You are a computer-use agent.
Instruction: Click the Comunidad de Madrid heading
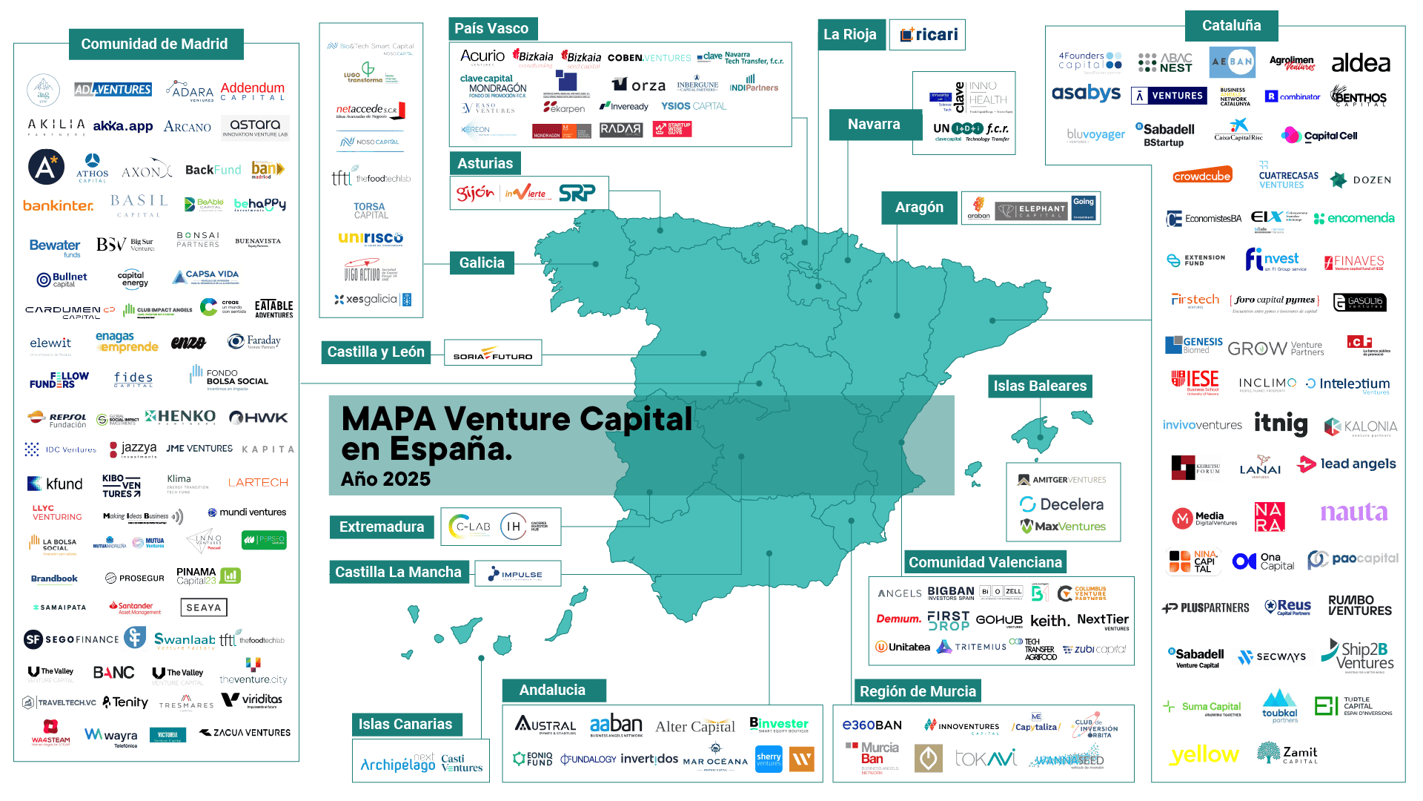(x=154, y=44)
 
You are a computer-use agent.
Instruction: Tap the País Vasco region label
(x=491, y=29)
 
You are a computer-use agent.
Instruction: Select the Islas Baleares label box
(x=1040, y=386)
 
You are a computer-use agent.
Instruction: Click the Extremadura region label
(x=382, y=527)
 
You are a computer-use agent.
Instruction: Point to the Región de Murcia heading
(x=918, y=691)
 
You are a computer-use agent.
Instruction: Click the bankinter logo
(x=58, y=205)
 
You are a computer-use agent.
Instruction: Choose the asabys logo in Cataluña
(x=1086, y=93)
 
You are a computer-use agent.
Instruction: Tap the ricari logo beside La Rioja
(x=929, y=35)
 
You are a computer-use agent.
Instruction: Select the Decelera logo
(x=1062, y=504)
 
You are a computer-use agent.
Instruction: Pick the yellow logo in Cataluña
(x=1204, y=754)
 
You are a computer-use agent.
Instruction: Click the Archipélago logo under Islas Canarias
(x=397, y=764)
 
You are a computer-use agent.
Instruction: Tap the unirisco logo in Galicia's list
(x=371, y=238)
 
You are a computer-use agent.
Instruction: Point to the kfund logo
(x=55, y=484)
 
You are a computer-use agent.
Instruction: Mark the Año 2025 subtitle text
(x=385, y=479)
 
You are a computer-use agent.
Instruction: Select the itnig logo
(x=1280, y=423)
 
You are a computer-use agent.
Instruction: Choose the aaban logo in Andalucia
(x=616, y=725)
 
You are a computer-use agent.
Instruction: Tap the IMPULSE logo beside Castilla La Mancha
(x=516, y=574)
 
